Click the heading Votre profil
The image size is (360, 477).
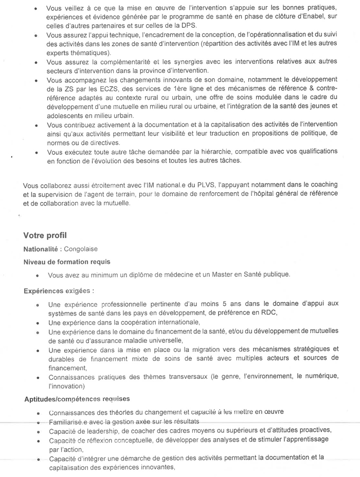[x=45, y=236]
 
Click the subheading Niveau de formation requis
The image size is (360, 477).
[x=67, y=262]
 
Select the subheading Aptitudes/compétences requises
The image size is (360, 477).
[x=77, y=399]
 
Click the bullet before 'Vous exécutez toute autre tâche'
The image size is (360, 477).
[x=35, y=152]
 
